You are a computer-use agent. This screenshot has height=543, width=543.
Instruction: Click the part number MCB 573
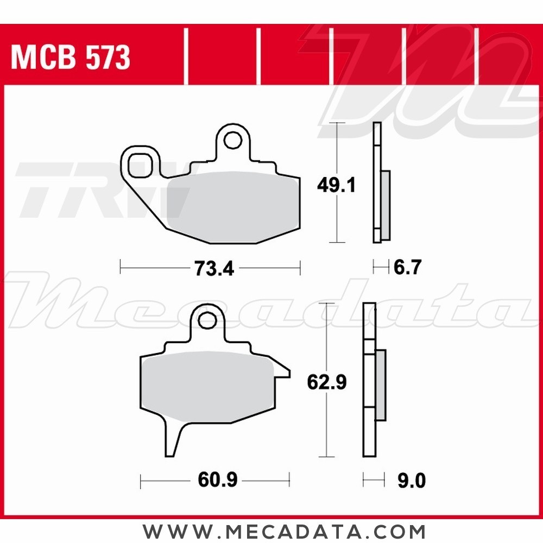[71, 57]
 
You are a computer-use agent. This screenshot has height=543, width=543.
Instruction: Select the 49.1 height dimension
[336, 186]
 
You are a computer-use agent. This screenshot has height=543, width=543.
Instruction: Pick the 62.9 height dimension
[326, 383]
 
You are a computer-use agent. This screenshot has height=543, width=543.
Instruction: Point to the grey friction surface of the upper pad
[233, 206]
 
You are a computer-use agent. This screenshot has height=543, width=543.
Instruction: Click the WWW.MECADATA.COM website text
[284, 530]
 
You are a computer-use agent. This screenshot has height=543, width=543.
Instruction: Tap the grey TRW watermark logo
[81, 190]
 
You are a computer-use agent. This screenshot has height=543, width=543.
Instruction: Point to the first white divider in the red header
[186, 57]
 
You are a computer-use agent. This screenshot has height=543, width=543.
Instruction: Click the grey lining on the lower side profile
[381, 385]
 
